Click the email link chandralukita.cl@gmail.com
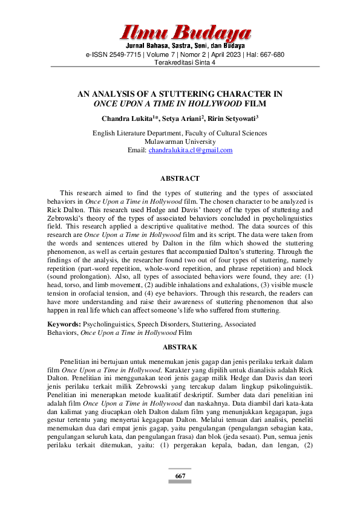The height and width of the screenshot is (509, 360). coord(191,151)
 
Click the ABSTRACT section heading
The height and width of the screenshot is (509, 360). coord(179,179)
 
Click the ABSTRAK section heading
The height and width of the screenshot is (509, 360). coord(180,348)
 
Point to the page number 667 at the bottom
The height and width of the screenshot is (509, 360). coord(180,476)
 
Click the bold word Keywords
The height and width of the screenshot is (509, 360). coord(64,325)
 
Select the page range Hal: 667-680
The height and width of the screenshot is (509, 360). coord(264,54)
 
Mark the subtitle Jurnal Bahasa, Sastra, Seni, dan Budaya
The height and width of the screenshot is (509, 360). coord(185,46)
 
